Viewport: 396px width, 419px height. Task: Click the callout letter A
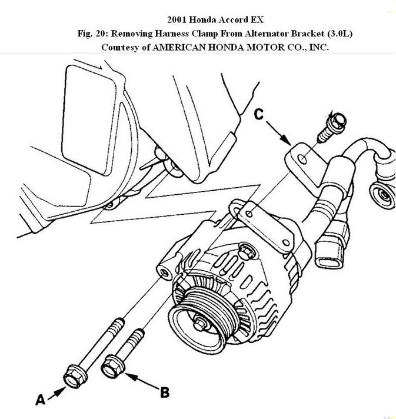point(40,400)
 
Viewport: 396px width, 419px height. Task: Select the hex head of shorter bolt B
point(113,365)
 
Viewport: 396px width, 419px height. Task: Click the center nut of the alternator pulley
point(202,323)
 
